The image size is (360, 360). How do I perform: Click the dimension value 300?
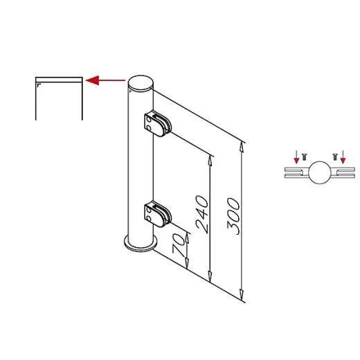233,216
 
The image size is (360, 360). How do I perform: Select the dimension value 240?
202,215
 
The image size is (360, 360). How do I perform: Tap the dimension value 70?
179,244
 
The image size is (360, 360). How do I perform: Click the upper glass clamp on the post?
158,123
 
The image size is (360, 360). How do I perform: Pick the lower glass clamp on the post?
158,214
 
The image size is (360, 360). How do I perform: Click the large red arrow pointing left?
105,80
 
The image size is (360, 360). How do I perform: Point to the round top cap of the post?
141,83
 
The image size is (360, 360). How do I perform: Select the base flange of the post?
141,244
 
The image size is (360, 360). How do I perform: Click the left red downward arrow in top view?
296,157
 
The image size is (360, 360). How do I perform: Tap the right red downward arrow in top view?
343,157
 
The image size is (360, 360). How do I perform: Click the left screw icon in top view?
305,157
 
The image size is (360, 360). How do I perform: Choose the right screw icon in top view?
335,157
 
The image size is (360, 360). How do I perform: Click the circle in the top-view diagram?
320,172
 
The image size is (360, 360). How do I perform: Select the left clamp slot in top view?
296,172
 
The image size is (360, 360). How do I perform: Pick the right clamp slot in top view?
343,172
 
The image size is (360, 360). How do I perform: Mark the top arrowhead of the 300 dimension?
242,147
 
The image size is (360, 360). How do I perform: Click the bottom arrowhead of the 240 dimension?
210,276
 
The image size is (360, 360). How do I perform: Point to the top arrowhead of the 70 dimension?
187,238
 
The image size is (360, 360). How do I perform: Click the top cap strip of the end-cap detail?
59,80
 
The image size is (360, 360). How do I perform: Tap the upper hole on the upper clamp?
150,120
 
